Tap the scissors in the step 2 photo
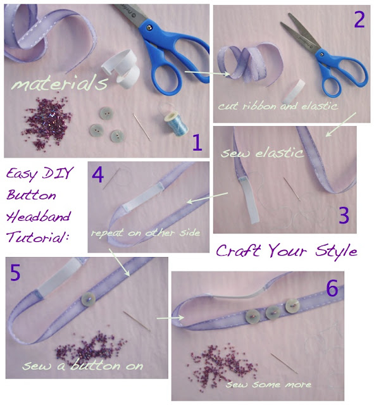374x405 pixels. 312,51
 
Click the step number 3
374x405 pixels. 343,216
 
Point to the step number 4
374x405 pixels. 98,173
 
